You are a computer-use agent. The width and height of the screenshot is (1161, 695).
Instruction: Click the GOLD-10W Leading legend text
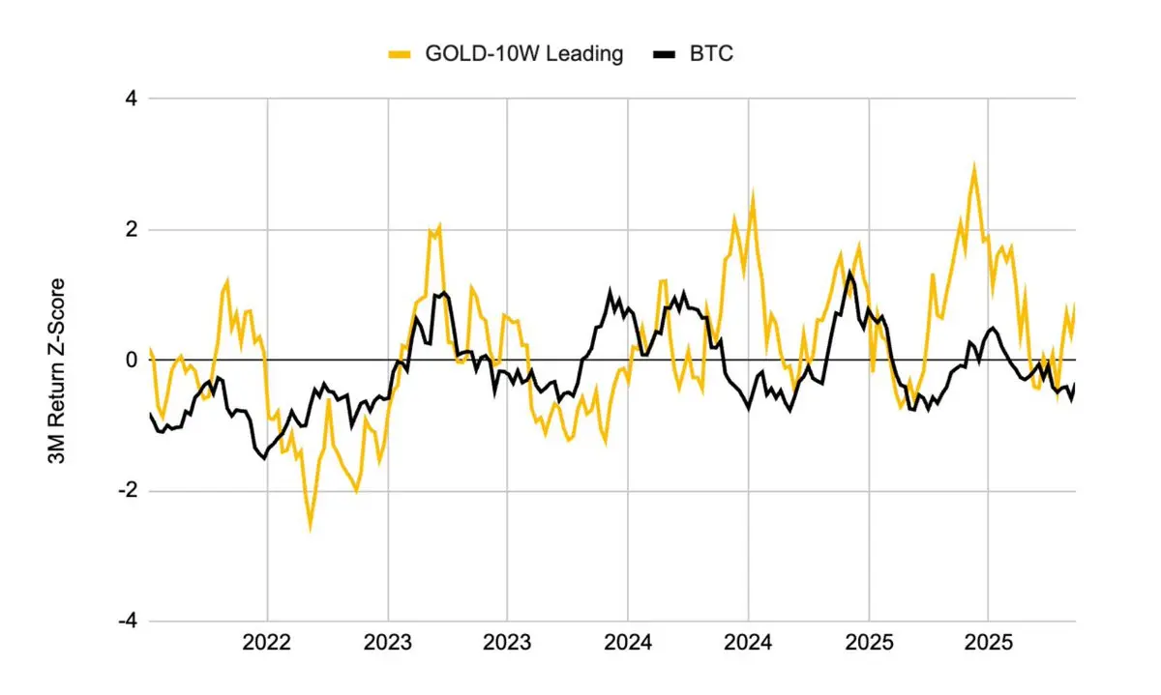tap(524, 54)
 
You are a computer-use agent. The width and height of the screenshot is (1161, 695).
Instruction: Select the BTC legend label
tap(712, 54)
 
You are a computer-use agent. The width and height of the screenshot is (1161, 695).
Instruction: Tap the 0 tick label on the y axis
tap(131, 360)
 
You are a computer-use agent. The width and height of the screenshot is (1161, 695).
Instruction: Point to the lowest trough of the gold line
tap(311, 527)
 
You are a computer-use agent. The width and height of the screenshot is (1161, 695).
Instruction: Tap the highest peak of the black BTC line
tap(849, 272)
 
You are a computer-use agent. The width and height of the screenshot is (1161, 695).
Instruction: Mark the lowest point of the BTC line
tap(263, 457)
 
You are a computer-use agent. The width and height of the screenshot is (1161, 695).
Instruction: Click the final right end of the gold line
tap(1075, 305)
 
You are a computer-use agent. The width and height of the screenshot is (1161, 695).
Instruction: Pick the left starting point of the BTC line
tap(150, 414)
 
